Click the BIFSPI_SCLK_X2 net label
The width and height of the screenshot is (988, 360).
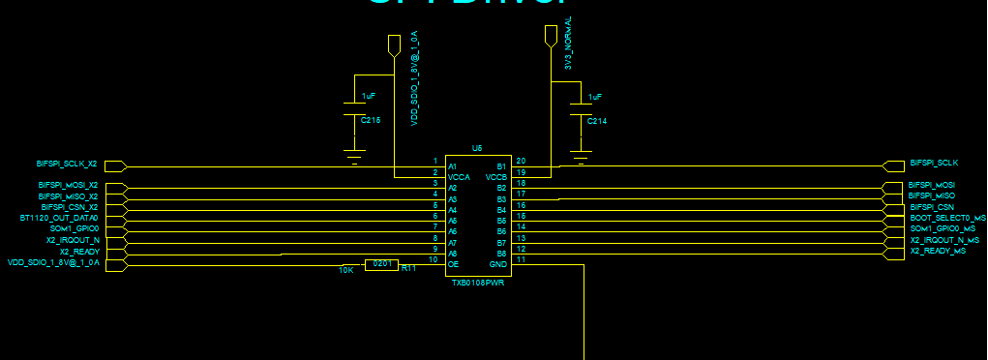tap(67, 163)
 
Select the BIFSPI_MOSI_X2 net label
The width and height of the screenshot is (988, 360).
tap(68, 184)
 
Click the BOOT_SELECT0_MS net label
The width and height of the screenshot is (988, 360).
tap(947, 219)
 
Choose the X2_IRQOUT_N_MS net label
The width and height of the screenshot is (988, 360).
tap(944, 240)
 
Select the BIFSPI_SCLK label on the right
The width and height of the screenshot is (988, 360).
tap(934, 163)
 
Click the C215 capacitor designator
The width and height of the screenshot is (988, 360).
tap(371, 120)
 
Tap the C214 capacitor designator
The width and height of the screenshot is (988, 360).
tap(596, 121)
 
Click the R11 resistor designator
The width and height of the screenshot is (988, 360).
tap(408, 268)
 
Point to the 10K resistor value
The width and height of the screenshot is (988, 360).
tap(345, 270)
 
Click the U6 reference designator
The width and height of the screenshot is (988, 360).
tap(477, 148)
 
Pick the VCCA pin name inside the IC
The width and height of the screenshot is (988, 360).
tap(458, 177)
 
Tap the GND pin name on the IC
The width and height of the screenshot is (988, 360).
tap(498, 263)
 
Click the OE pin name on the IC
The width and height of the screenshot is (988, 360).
tap(452, 263)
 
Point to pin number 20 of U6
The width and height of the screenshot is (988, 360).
tap(521, 161)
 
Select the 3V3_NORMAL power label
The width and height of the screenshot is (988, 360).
tap(568, 43)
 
